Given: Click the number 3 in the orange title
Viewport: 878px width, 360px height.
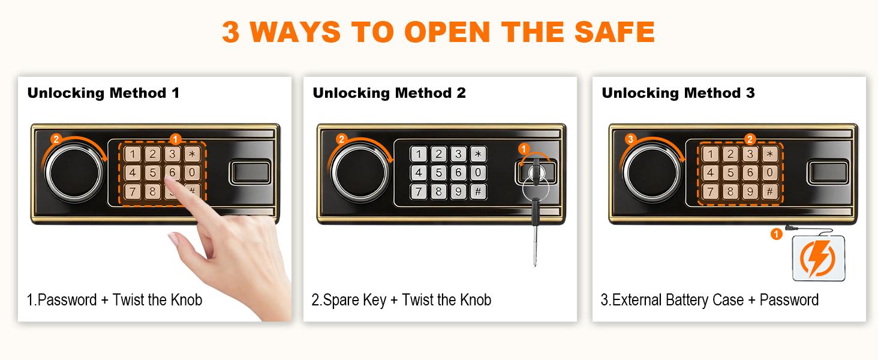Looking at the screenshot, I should coord(231,32).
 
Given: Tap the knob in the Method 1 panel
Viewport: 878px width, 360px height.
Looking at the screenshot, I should coord(71,173).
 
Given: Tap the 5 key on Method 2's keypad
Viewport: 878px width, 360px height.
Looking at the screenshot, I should coord(438,173).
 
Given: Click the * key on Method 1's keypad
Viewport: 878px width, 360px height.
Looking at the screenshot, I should coord(192,154).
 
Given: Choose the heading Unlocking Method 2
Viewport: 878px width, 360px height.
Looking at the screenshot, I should coord(389,93).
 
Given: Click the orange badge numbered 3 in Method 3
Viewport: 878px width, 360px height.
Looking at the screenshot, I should coord(630,139).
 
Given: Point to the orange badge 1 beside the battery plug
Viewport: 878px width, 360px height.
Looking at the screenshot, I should coord(776,235).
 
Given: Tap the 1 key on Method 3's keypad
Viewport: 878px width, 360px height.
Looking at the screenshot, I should coord(711,154).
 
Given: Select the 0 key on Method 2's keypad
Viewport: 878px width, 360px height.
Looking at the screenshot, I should coord(478,173).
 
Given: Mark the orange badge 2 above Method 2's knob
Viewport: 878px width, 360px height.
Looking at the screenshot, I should coord(341,139).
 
